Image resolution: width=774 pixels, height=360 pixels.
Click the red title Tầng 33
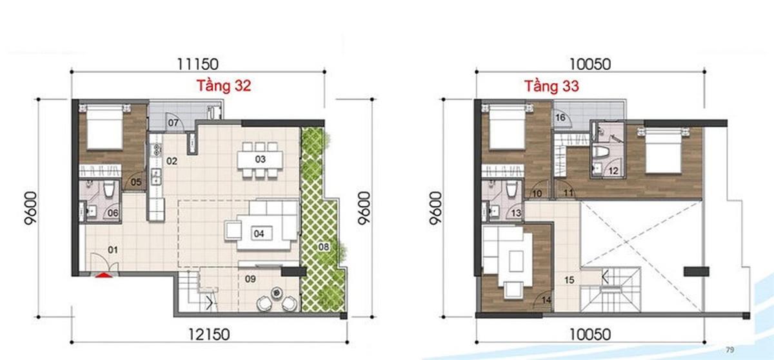[x=551, y=86]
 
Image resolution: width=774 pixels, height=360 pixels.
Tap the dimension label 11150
[x=199, y=63]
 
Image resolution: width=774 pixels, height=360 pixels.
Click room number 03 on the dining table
[x=260, y=159]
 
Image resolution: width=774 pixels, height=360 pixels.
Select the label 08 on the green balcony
[x=324, y=246]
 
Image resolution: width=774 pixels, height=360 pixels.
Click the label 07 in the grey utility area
[x=174, y=122]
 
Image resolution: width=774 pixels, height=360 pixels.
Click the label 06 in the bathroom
[x=112, y=213]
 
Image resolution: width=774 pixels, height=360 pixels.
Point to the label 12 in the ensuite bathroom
[x=613, y=171]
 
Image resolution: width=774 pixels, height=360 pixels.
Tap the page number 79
[x=730, y=350]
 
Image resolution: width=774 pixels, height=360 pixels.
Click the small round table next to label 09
[x=277, y=292]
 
